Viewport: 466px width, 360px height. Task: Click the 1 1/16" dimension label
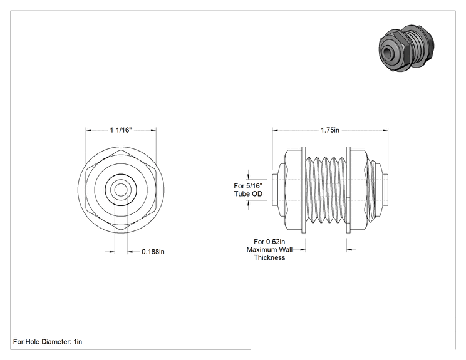tap(121, 130)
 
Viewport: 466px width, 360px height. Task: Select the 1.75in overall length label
tap(330, 130)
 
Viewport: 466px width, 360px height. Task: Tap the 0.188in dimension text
tap(153, 252)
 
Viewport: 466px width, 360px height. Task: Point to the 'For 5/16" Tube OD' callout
tap(248, 190)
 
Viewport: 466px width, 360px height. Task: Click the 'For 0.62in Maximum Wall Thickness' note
tap(269, 250)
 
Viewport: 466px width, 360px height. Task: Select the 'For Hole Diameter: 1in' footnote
tap(48, 342)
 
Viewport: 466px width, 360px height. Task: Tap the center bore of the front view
tap(121, 190)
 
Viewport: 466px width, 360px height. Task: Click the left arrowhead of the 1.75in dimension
tap(275, 130)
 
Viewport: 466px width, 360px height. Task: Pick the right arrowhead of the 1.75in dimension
tap(385, 130)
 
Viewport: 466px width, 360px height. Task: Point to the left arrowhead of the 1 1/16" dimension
tap(88, 130)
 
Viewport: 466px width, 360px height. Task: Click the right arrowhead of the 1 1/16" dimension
tap(153, 130)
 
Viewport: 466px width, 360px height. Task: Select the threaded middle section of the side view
tap(326, 190)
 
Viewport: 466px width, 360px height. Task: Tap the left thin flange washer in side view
tap(303, 190)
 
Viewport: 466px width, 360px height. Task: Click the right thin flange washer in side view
tap(348, 190)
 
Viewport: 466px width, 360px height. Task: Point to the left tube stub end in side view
tap(275, 190)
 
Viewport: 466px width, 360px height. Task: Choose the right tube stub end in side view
tap(385, 190)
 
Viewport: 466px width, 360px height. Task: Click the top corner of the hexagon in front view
tap(121, 150)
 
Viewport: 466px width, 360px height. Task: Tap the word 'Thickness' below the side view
tap(269, 257)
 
